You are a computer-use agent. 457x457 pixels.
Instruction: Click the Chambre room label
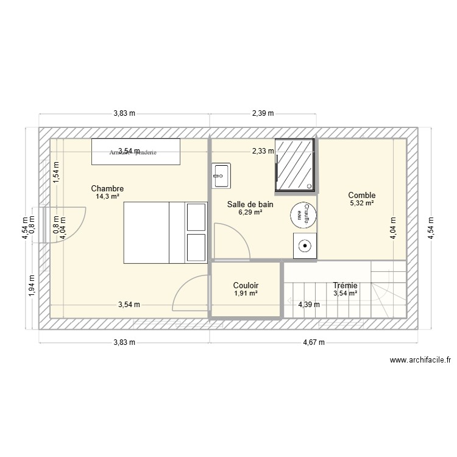pyautogui.click(x=107, y=188)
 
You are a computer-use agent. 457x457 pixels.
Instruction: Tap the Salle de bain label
pyautogui.click(x=250, y=205)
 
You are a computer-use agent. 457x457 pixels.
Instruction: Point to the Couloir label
pyautogui.click(x=246, y=285)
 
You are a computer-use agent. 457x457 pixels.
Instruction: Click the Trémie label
pyautogui.click(x=345, y=285)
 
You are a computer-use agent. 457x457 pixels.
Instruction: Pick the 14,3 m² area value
pyautogui.click(x=107, y=196)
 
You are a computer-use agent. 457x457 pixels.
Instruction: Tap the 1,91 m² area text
pyautogui.click(x=246, y=293)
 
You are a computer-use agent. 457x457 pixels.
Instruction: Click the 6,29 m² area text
pyautogui.click(x=250, y=213)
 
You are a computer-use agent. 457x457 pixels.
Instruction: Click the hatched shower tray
pyautogui.click(x=296, y=165)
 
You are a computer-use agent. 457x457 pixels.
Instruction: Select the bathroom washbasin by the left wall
pyautogui.click(x=221, y=175)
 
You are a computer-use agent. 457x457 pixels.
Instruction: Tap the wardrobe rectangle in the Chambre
pyautogui.click(x=136, y=151)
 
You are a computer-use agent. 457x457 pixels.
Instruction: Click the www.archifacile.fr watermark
pyautogui.click(x=420, y=360)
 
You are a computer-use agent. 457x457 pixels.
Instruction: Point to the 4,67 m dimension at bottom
pyautogui.click(x=313, y=342)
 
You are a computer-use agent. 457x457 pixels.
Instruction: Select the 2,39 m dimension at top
pyautogui.click(x=263, y=113)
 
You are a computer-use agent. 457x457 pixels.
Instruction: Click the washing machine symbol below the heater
pyautogui.click(x=304, y=246)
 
